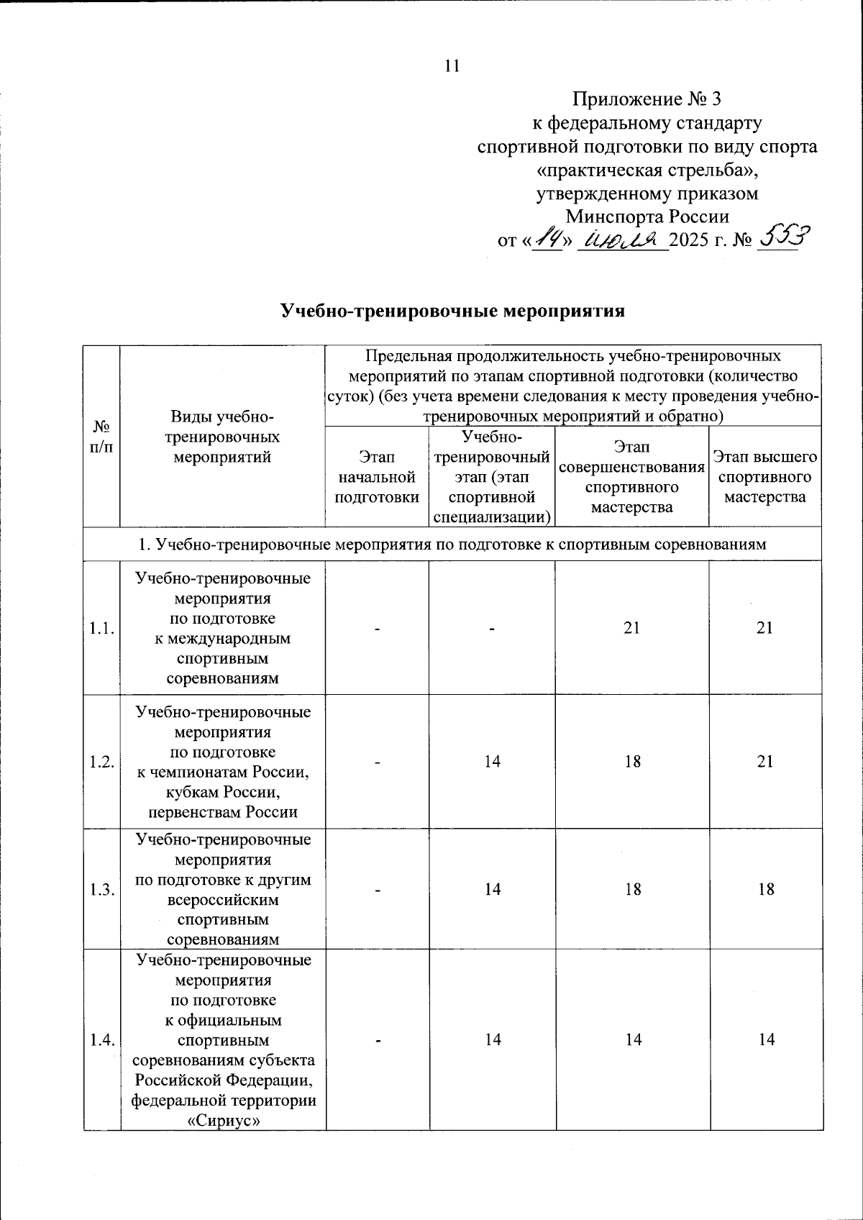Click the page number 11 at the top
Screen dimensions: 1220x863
pos(452,66)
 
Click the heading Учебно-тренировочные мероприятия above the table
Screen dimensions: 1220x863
pos(452,311)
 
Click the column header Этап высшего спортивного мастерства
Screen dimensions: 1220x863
pos(764,477)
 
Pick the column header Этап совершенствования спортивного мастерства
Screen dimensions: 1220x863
pos(631,477)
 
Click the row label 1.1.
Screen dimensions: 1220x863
pos(101,629)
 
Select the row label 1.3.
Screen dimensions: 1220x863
pos(101,890)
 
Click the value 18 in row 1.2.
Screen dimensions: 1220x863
pos(632,762)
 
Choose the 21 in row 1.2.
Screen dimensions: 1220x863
pos(765,762)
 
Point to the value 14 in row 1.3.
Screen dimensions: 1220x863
pos(492,890)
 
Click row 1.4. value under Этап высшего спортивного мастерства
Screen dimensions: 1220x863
pos(766,1039)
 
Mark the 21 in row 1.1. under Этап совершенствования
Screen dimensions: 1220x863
pos(631,628)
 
